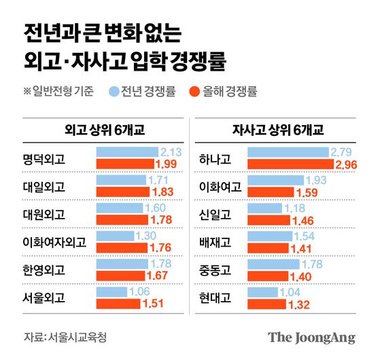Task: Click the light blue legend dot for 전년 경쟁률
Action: coord(112,90)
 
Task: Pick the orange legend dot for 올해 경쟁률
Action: coord(192,90)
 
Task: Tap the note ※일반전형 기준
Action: coord(58,90)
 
